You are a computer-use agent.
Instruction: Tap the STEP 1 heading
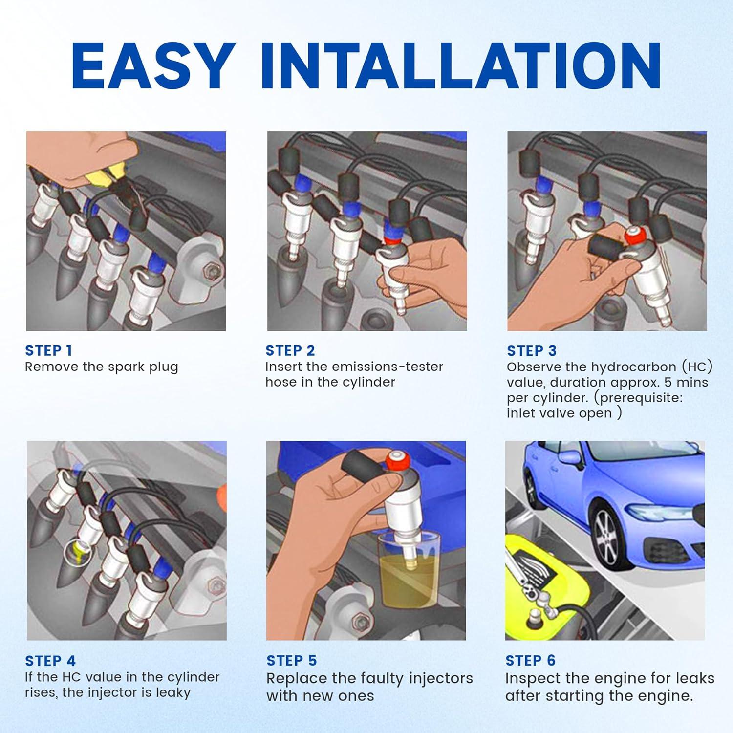pos(48,350)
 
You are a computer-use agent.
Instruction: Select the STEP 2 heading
pos(290,350)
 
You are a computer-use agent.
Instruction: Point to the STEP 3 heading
pos(532,351)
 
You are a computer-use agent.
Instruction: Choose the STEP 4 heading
pos(50,661)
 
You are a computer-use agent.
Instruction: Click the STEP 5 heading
pos(292,661)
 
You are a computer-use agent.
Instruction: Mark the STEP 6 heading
pos(531,661)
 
